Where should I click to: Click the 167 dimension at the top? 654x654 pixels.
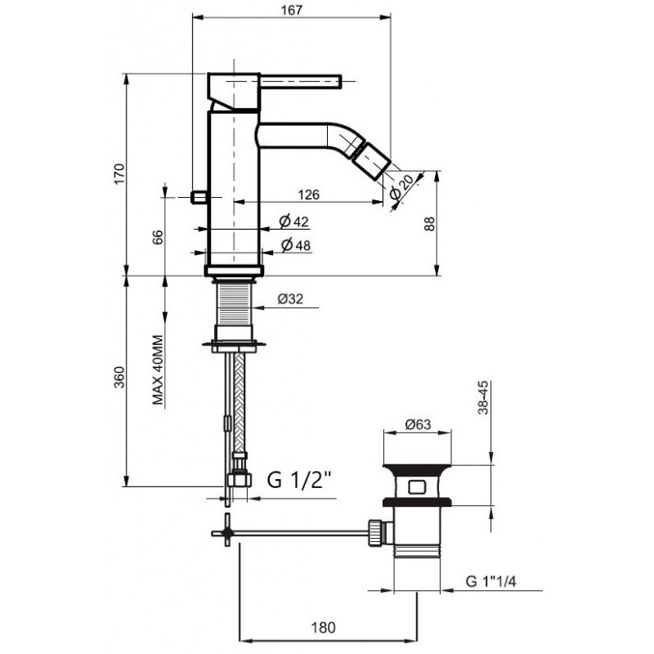click(291, 10)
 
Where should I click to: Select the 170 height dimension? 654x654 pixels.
click(119, 174)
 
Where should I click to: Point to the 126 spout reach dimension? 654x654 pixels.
click(309, 195)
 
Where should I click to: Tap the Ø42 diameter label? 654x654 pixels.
click(294, 221)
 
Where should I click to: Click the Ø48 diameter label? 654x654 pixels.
click(296, 244)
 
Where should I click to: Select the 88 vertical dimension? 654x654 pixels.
click(430, 223)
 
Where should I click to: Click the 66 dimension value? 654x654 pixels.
click(158, 237)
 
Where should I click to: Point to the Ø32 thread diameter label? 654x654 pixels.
click(290, 298)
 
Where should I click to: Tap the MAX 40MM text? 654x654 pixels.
click(158, 370)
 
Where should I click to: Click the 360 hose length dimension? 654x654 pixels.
click(119, 377)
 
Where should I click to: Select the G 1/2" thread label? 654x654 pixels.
click(299, 480)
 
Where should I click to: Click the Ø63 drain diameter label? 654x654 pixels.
click(418, 424)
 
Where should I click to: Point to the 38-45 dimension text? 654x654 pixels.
click(483, 397)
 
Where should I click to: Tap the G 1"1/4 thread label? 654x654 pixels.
click(490, 581)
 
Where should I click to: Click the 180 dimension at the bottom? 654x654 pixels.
click(323, 627)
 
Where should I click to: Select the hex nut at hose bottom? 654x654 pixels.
click(240, 480)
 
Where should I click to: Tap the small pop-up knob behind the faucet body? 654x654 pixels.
click(199, 197)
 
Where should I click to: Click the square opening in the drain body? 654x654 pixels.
click(417, 487)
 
